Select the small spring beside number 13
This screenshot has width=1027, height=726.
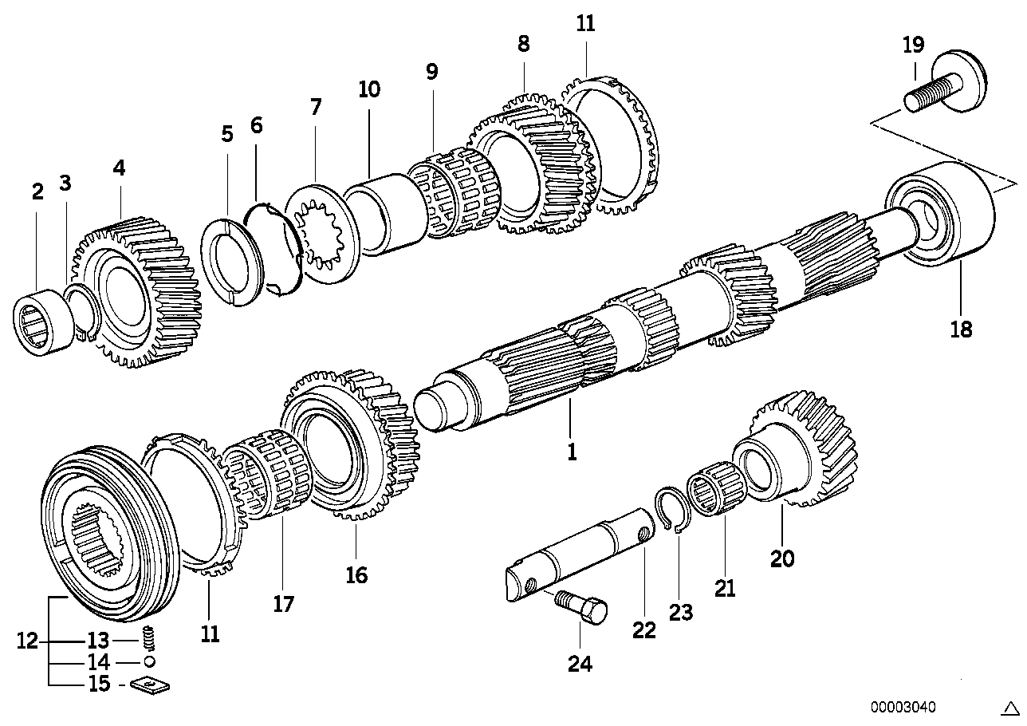click(148, 639)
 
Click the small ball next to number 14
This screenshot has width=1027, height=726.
click(148, 662)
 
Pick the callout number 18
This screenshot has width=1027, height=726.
click(961, 328)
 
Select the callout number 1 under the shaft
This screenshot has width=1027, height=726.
click(571, 452)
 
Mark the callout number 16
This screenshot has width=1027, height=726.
click(356, 574)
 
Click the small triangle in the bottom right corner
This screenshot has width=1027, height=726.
click(1009, 708)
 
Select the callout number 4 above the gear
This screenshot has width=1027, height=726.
click(119, 168)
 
